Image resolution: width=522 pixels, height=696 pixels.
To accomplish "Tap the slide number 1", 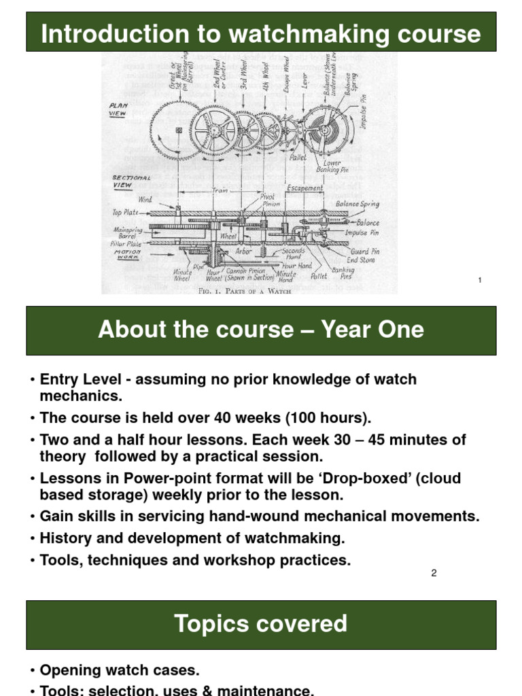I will click(x=480, y=280).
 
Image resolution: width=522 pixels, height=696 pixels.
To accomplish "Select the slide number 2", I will click(x=434, y=573).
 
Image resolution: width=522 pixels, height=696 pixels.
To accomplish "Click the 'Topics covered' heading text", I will click(x=261, y=623).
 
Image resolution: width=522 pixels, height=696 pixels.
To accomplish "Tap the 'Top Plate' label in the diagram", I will click(x=126, y=212).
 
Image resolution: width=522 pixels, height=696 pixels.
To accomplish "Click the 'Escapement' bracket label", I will click(x=304, y=188).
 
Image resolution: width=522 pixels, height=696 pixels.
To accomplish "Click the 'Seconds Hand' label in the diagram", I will click(x=294, y=251).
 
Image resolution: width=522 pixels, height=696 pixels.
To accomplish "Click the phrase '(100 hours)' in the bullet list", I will click(x=336, y=417).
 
